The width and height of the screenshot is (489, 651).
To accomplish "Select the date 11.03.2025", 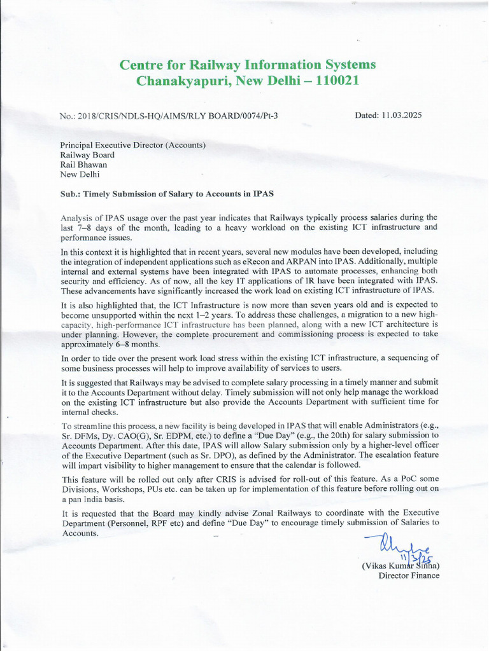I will click(x=402, y=115).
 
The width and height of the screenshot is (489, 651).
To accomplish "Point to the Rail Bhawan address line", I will click(x=83, y=164).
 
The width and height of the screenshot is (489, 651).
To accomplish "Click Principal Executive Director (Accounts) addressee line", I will click(x=133, y=145).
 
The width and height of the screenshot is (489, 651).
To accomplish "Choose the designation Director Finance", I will click(x=409, y=576).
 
